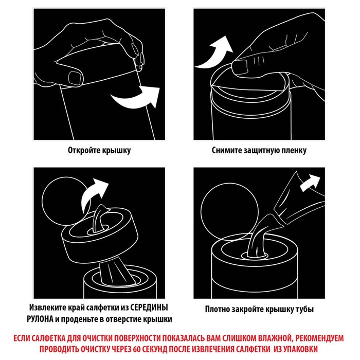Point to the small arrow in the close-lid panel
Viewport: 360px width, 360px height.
pos(310,183)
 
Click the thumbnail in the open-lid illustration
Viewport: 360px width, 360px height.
pos(75,78)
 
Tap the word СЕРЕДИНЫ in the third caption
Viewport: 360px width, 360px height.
pos(149,307)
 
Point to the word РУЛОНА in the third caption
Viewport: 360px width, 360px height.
pos(40,319)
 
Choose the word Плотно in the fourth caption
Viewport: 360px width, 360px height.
pos(217,309)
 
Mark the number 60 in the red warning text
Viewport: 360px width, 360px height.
pos(136,349)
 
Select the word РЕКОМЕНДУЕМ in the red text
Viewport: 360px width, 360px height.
pos(319,338)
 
